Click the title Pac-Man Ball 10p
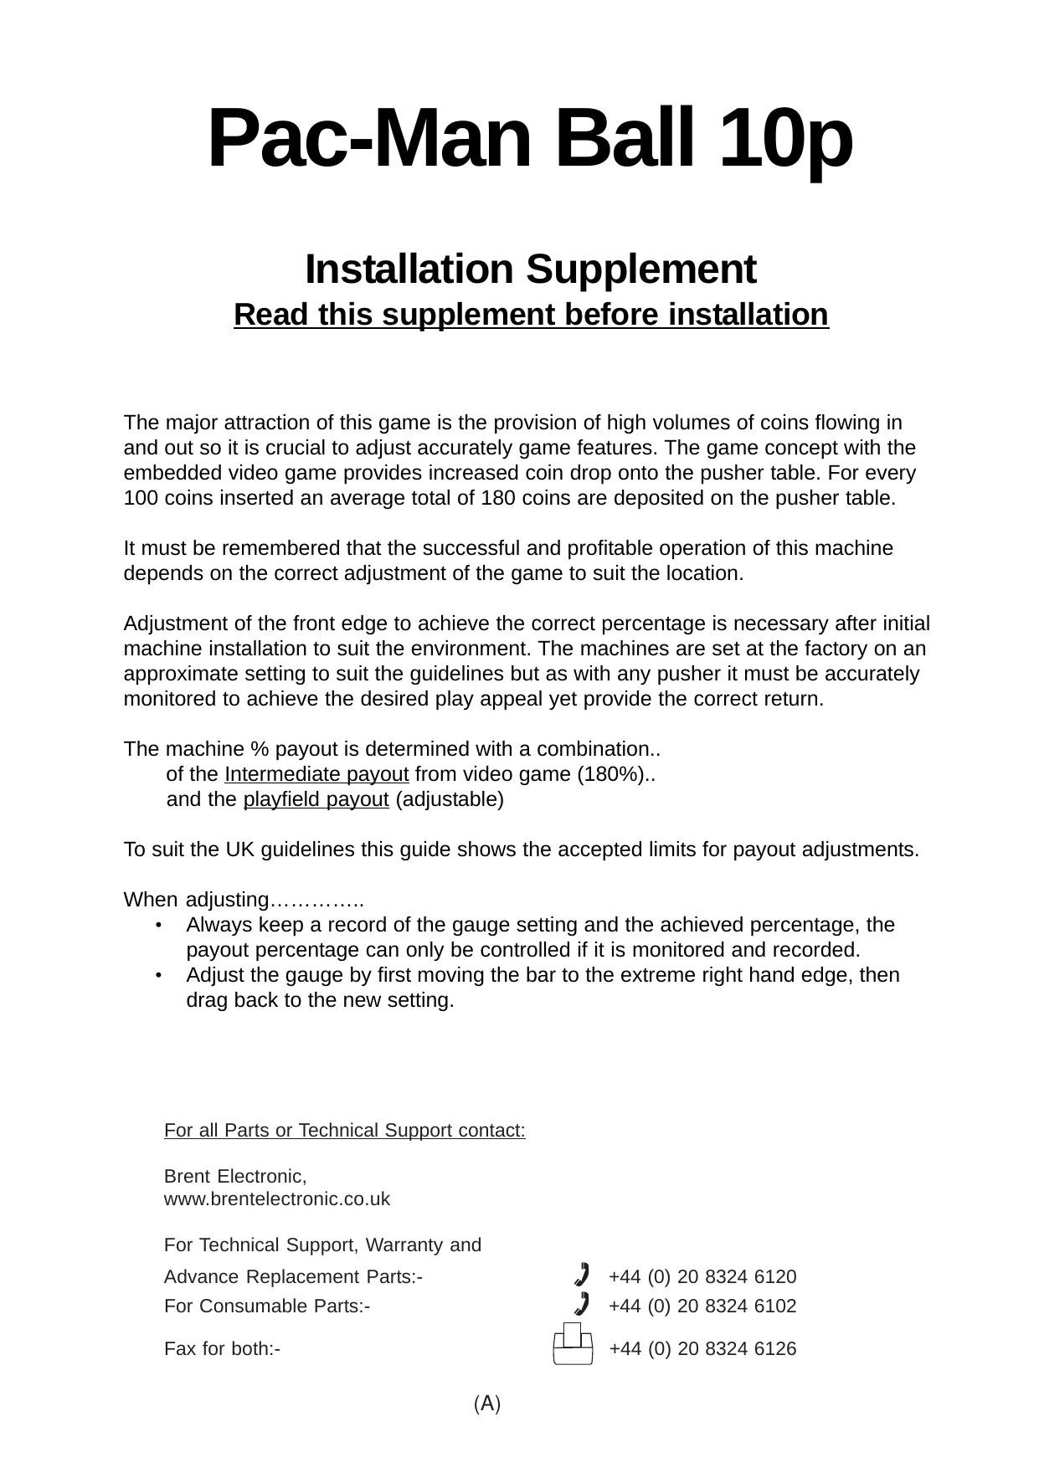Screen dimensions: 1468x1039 (530, 139)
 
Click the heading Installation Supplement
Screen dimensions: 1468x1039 (530, 269)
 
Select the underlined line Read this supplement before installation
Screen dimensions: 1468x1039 (531, 315)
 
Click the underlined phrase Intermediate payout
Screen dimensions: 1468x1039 (316, 774)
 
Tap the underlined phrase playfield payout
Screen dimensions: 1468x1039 (316, 799)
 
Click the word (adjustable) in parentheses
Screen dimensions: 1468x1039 (450, 799)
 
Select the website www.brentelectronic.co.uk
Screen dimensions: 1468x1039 (277, 1199)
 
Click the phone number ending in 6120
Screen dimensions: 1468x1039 (702, 1276)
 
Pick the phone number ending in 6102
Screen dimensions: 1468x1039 (702, 1306)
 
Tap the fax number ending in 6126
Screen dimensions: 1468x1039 (702, 1348)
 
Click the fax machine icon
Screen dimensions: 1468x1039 (573, 1343)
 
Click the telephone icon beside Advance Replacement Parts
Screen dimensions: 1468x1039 (582, 1274)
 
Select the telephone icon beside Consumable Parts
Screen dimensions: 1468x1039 (582, 1304)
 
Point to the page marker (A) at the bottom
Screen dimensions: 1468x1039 (487, 1404)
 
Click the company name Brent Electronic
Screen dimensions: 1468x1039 (235, 1176)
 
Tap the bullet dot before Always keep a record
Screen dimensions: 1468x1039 (159, 925)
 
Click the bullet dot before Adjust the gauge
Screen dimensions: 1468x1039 (159, 975)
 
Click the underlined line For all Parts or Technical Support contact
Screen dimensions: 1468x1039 (345, 1130)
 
